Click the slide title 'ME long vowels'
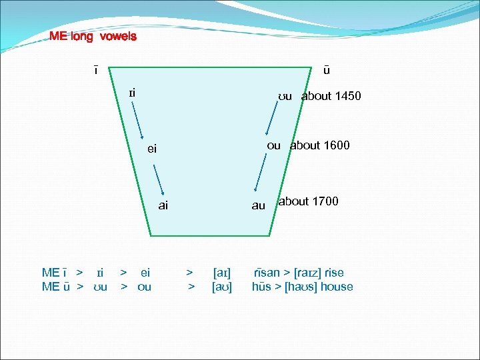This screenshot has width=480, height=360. [93, 37]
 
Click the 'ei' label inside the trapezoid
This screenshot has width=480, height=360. [152, 149]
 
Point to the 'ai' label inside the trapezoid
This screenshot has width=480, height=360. [163, 205]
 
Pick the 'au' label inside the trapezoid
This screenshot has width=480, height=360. [258, 206]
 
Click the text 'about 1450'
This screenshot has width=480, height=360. [331, 96]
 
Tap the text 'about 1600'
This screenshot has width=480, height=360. [319, 145]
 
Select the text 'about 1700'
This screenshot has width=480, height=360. [309, 201]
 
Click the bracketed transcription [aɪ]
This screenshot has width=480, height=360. [222, 272]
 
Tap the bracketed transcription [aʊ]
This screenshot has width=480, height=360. [222, 287]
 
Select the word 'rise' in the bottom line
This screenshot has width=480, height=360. [333, 272]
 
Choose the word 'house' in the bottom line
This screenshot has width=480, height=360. [337, 287]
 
